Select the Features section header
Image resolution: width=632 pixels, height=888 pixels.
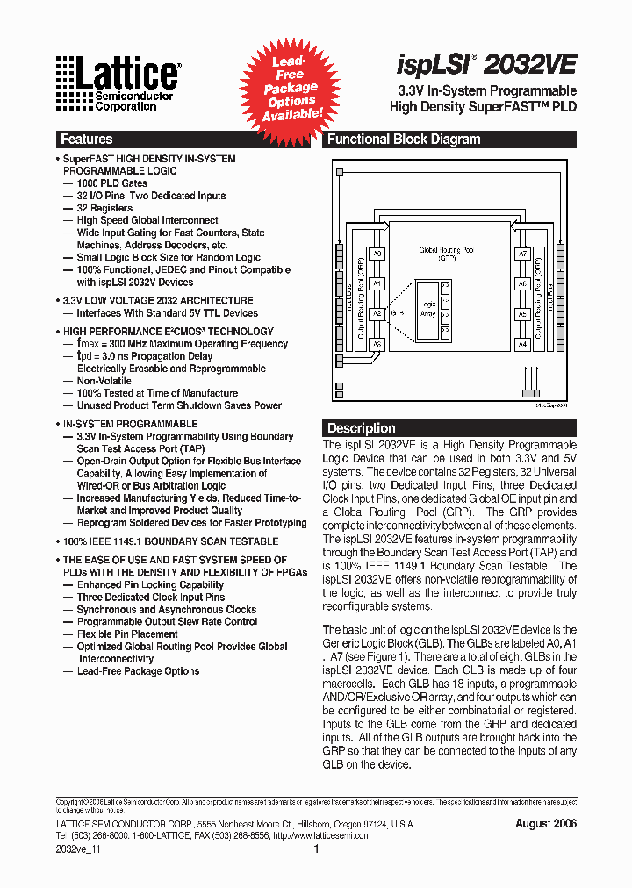click(86, 139)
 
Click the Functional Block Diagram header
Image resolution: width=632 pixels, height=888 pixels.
click(404, 139)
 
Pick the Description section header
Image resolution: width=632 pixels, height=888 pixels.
click(361, 428)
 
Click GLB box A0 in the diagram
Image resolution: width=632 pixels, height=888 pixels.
click(377, 254)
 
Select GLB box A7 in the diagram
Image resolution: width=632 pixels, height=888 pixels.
click(521, 254)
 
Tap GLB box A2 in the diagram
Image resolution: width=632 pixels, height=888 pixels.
click(377, 313)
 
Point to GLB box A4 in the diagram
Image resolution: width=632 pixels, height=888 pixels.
click(521, 344)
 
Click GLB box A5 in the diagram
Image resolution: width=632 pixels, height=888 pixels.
click(521, 313)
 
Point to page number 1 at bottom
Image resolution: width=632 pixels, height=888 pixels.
click(316, 849)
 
